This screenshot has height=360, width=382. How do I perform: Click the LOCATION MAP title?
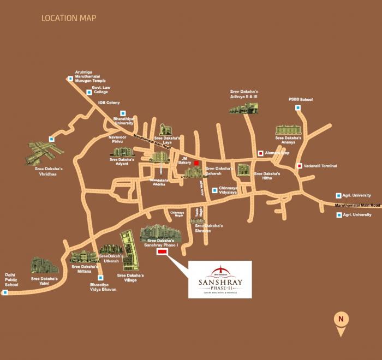coord(69,19)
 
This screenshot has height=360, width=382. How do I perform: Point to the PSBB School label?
coord(300,99)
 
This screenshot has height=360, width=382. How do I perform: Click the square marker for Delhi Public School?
coord(5,292)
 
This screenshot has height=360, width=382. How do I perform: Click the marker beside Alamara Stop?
coord(260,154)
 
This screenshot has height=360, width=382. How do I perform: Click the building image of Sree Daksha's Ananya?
coord(288,129)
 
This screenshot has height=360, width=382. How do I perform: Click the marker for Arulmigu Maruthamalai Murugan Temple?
coord(70,79)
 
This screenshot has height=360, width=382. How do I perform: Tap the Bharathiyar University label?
coord(124,120)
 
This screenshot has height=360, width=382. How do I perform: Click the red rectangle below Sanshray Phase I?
coord(162,252)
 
